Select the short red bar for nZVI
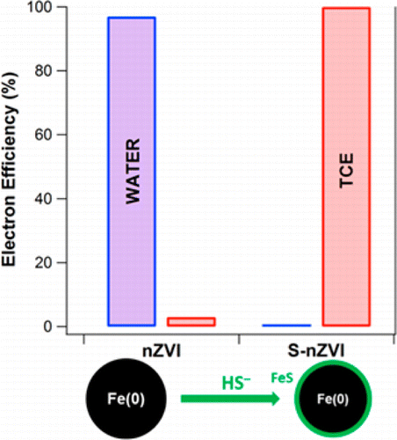(191, 322)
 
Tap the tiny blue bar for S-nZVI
(285, 326)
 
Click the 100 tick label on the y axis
(61, 8)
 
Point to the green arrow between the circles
(229, 400)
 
